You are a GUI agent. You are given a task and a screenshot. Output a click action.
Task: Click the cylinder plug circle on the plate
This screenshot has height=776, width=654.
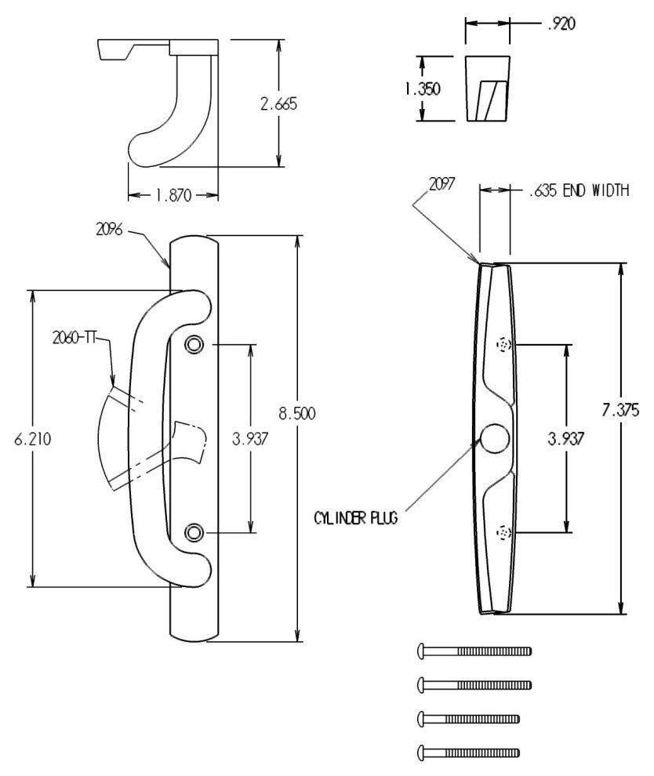pos(493,440)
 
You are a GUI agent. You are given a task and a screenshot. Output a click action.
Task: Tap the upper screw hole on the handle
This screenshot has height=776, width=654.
pos(194,344)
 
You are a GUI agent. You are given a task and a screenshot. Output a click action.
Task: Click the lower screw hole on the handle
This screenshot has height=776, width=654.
pos(194,533)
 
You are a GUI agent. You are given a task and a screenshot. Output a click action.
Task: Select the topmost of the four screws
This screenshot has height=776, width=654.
pos(474,651)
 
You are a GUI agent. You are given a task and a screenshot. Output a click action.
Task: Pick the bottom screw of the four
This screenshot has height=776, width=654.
pos(468,751)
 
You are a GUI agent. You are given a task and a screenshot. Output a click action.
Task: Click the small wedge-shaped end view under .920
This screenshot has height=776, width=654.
pos(487,88)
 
